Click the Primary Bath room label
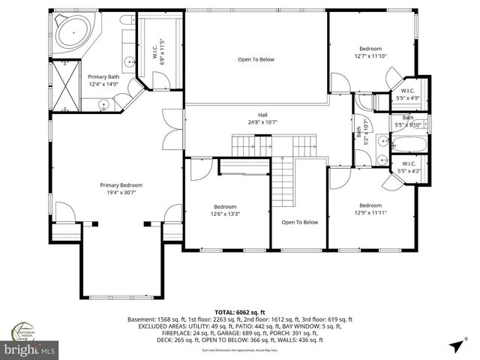103,76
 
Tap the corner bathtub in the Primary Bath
72,35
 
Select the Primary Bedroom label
121,185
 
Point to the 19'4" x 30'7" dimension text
121,193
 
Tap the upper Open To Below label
256,59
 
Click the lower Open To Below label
300,222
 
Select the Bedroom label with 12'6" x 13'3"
225,207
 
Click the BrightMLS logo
30,350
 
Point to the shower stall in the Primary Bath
64,85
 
